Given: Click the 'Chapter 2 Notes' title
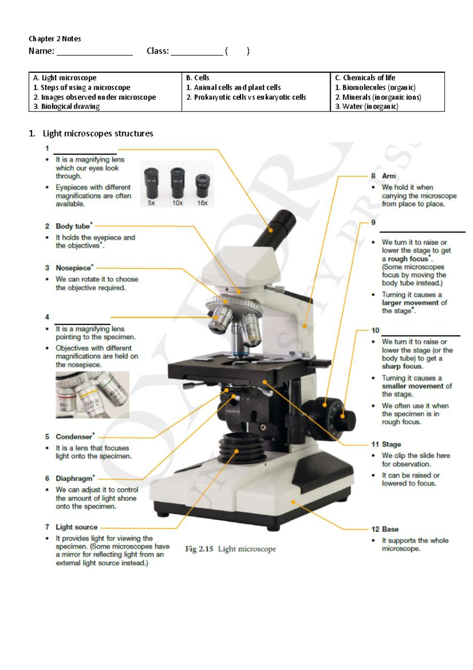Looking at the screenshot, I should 55,39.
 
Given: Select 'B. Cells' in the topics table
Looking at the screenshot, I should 198,78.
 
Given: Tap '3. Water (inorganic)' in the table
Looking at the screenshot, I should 367,107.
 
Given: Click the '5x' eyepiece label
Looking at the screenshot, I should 151,203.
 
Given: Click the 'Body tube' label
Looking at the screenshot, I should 73,226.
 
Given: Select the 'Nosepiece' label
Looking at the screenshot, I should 73,268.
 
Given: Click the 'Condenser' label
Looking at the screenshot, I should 74,437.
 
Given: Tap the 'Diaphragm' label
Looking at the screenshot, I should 74,479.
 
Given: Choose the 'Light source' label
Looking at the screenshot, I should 76,527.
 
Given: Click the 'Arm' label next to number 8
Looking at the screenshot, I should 389,176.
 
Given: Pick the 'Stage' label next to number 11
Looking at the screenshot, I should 391,444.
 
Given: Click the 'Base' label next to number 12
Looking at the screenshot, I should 390,529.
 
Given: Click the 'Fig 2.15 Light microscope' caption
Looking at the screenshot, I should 231,549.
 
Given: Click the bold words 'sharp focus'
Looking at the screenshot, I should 402,366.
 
